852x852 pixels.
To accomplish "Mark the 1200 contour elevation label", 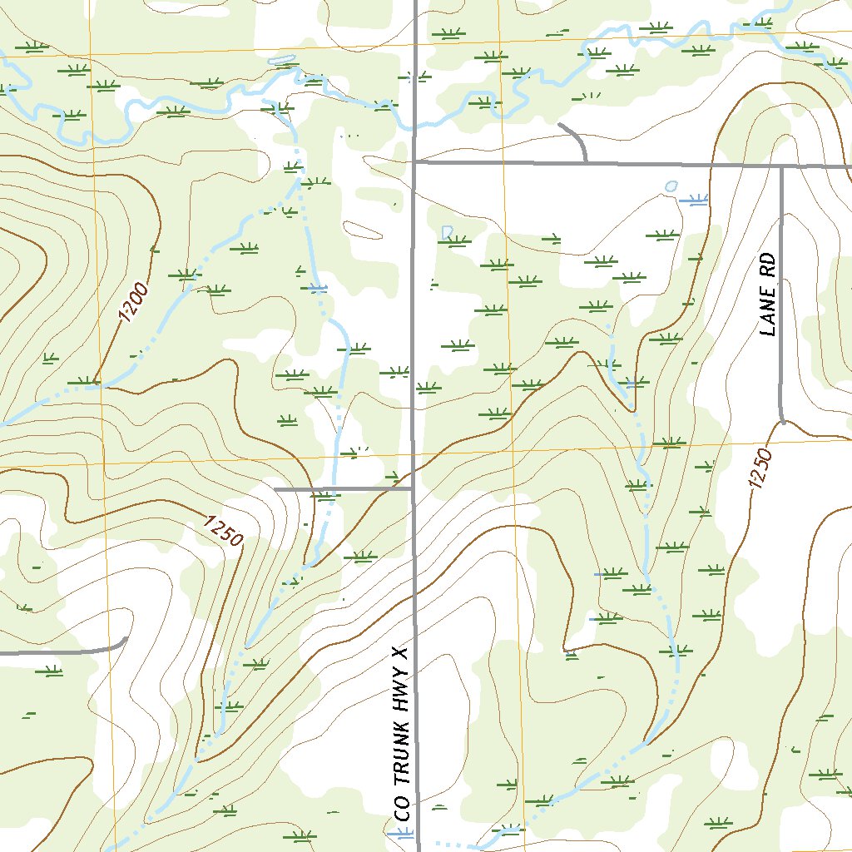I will (133, 303).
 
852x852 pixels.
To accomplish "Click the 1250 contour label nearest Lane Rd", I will (760, 468).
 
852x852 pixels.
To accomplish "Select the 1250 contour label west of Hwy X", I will (222, 532).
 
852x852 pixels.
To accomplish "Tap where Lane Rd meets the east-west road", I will (782, 166).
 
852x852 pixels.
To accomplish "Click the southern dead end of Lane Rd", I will (782, 421).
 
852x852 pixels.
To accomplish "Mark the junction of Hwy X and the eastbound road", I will (414, 163).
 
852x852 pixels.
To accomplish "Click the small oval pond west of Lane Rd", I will (671, 186).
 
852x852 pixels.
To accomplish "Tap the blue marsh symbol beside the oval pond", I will (692, 200).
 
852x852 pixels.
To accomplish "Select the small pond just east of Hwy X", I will (447, 231).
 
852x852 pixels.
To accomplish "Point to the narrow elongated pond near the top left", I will (283, 62).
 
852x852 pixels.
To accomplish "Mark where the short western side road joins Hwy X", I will (414, 489).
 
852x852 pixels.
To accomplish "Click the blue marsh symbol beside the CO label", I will (404, 835).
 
